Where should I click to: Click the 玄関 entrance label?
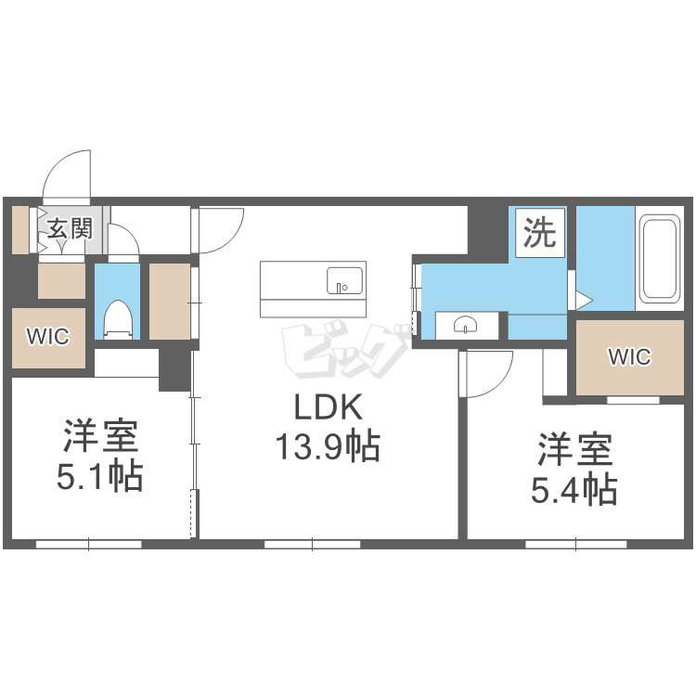70,228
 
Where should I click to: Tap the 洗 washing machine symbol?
540,233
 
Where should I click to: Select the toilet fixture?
118,318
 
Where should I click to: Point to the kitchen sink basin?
344,280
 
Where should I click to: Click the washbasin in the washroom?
466,325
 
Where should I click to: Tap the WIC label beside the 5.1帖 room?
48,337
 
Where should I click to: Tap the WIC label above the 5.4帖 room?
630,357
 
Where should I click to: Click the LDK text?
329,407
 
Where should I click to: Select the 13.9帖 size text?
328,445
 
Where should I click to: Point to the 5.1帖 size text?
100,475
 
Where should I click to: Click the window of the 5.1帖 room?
89,544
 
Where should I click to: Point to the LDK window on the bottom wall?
313,544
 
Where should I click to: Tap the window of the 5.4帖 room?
576,544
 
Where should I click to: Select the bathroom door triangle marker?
584,300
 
